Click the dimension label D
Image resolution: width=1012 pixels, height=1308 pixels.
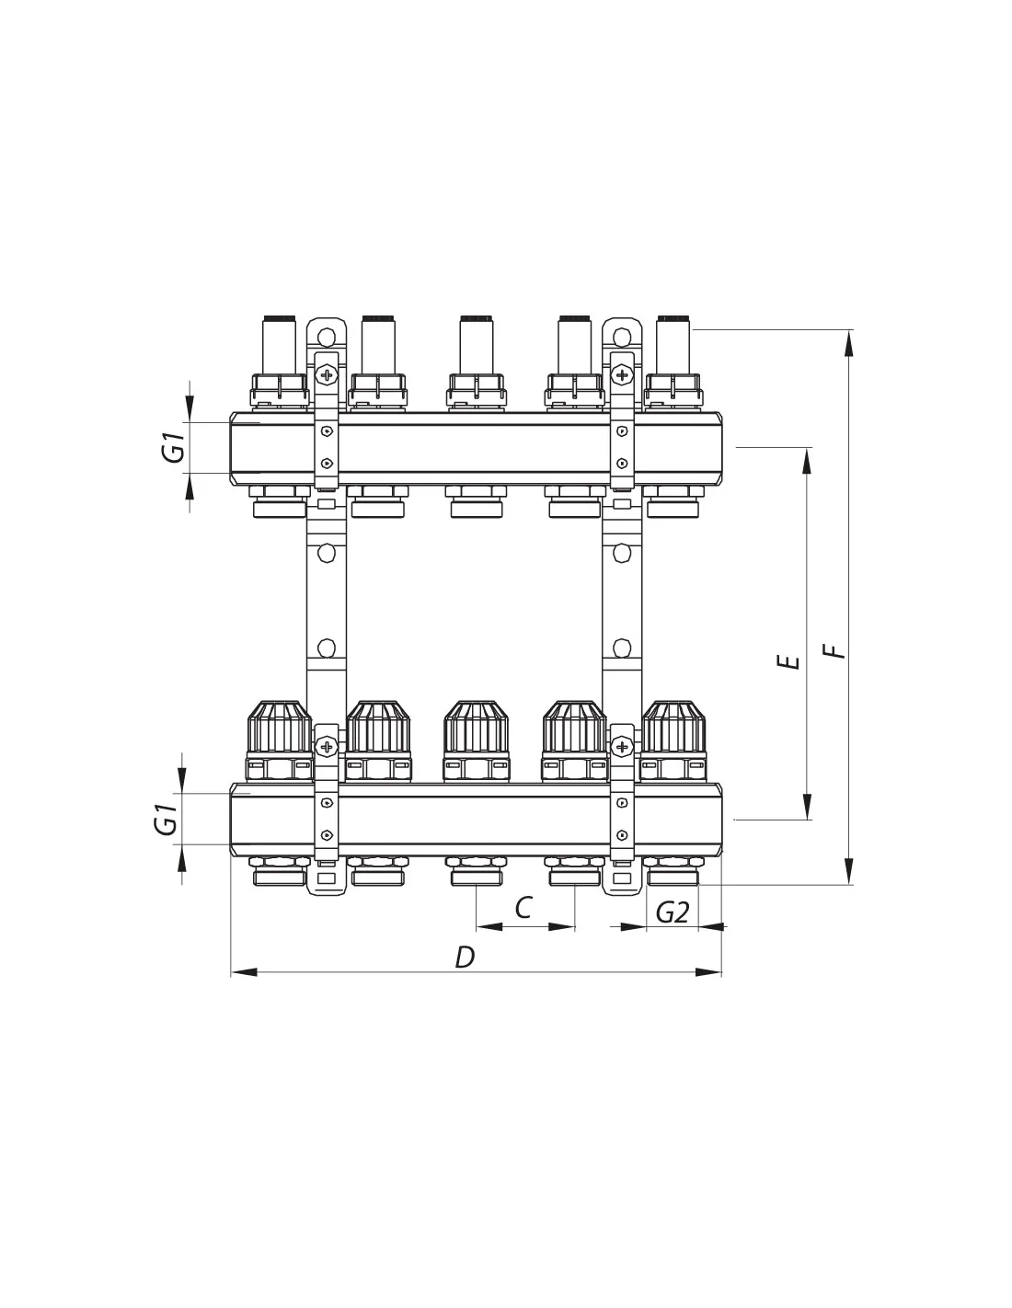(465, 958)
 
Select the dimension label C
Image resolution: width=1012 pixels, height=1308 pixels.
(523, 908)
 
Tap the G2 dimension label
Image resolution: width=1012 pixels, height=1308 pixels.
(672, 913)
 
